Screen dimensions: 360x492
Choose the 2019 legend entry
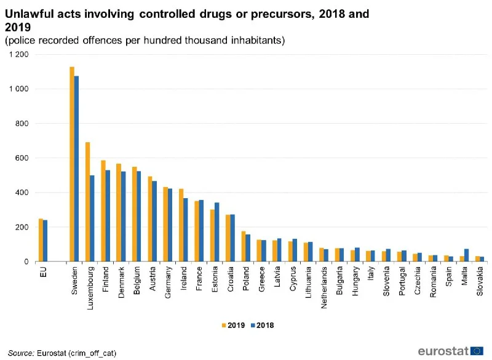pyautogui.click(x=231, y=324)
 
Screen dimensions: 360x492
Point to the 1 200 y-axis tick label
pyautogui.click(x=18, y=55)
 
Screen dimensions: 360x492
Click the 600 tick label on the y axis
pyautogui.click(x=23, y=158)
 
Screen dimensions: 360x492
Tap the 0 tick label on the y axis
pyautogui.click(x=26, y=262)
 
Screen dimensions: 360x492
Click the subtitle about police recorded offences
pyautogui.click(x=145, y=41)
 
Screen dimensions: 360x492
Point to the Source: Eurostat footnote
pyautogui.click(x=62, y=353)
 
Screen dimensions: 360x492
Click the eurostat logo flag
pyautogui.click(x=477, y=351)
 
